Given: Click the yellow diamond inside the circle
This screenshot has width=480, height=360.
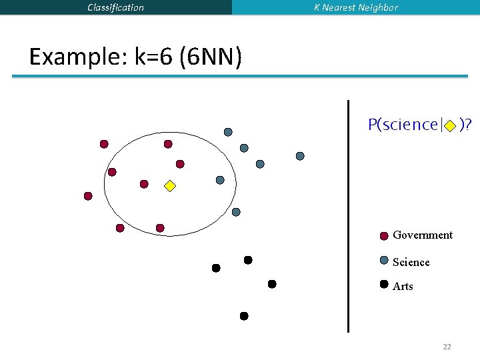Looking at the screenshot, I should coord(170,186).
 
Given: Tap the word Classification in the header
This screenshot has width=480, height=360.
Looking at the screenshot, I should coord(115,7).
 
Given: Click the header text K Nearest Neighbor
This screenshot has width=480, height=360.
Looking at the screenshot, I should coord(356,7).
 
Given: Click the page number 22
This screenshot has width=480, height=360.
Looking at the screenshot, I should coord(447,347).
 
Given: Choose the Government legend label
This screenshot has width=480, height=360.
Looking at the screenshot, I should coord(422,235).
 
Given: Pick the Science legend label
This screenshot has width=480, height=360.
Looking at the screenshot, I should coord(411,262).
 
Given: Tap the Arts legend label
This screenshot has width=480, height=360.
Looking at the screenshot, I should coord(403,286).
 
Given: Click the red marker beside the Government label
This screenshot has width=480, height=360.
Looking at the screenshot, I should coord(384,235).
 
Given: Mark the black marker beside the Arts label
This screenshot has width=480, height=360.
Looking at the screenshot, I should coord(384,284).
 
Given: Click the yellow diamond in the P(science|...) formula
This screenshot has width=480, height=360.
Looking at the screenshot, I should coord(450,125).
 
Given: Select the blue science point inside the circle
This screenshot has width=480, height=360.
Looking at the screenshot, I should coord(220,180).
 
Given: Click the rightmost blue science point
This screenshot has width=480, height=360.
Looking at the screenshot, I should coord(300,156).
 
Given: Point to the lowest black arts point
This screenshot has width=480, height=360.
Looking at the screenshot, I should coord(244,316).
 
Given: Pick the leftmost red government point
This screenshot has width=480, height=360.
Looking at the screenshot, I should coord(88,196).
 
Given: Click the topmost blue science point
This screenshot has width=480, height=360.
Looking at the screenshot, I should coord(228,132).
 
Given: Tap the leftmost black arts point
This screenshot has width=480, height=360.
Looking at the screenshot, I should coord(216,268).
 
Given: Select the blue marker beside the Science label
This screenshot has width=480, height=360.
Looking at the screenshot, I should coord(384,261).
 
